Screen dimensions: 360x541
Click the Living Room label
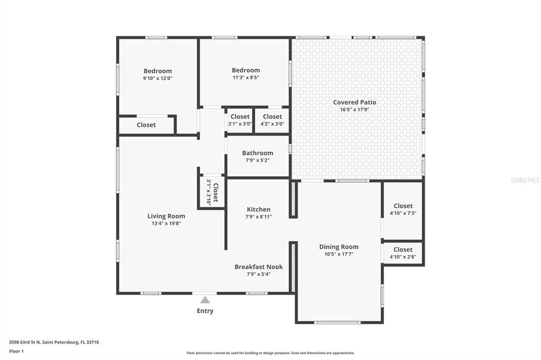[x=166, y=216]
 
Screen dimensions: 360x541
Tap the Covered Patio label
[x=355, y=102]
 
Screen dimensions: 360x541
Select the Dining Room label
[x=339, y=247]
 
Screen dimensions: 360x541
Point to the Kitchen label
[x=258, y=210]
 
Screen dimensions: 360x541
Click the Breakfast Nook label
[x=258, y=267]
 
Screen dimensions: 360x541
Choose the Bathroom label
[x=258, y=153]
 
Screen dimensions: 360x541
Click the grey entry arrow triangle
[x=205, y=300]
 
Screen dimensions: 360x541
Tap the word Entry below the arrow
[x=205, y=311]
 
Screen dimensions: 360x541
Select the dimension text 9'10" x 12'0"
[x=157, y=78]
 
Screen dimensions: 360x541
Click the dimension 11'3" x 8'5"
[x=246, y=77]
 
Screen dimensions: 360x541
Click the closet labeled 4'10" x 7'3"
[x=403, y=210]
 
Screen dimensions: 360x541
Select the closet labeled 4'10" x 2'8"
[x=403, y=253]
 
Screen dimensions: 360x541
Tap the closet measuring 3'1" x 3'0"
[x=240, y=120]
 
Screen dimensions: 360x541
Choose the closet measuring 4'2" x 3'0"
[x=272, y=120]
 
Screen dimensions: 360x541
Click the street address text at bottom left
[x=54, y=342]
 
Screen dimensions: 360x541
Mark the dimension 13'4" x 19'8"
[x=166, y=223]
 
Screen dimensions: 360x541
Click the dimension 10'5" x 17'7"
[x=339, y=254]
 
